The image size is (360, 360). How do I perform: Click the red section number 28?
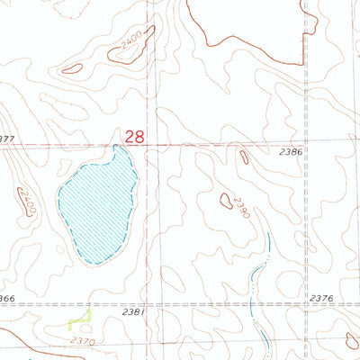135,136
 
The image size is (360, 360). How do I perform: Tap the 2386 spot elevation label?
290,153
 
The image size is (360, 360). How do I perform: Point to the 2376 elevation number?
320,298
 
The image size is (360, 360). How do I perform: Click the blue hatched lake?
97,202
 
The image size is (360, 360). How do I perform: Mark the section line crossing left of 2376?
305,304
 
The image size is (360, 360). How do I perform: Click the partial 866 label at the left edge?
7,298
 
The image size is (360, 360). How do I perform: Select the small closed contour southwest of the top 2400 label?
72,67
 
